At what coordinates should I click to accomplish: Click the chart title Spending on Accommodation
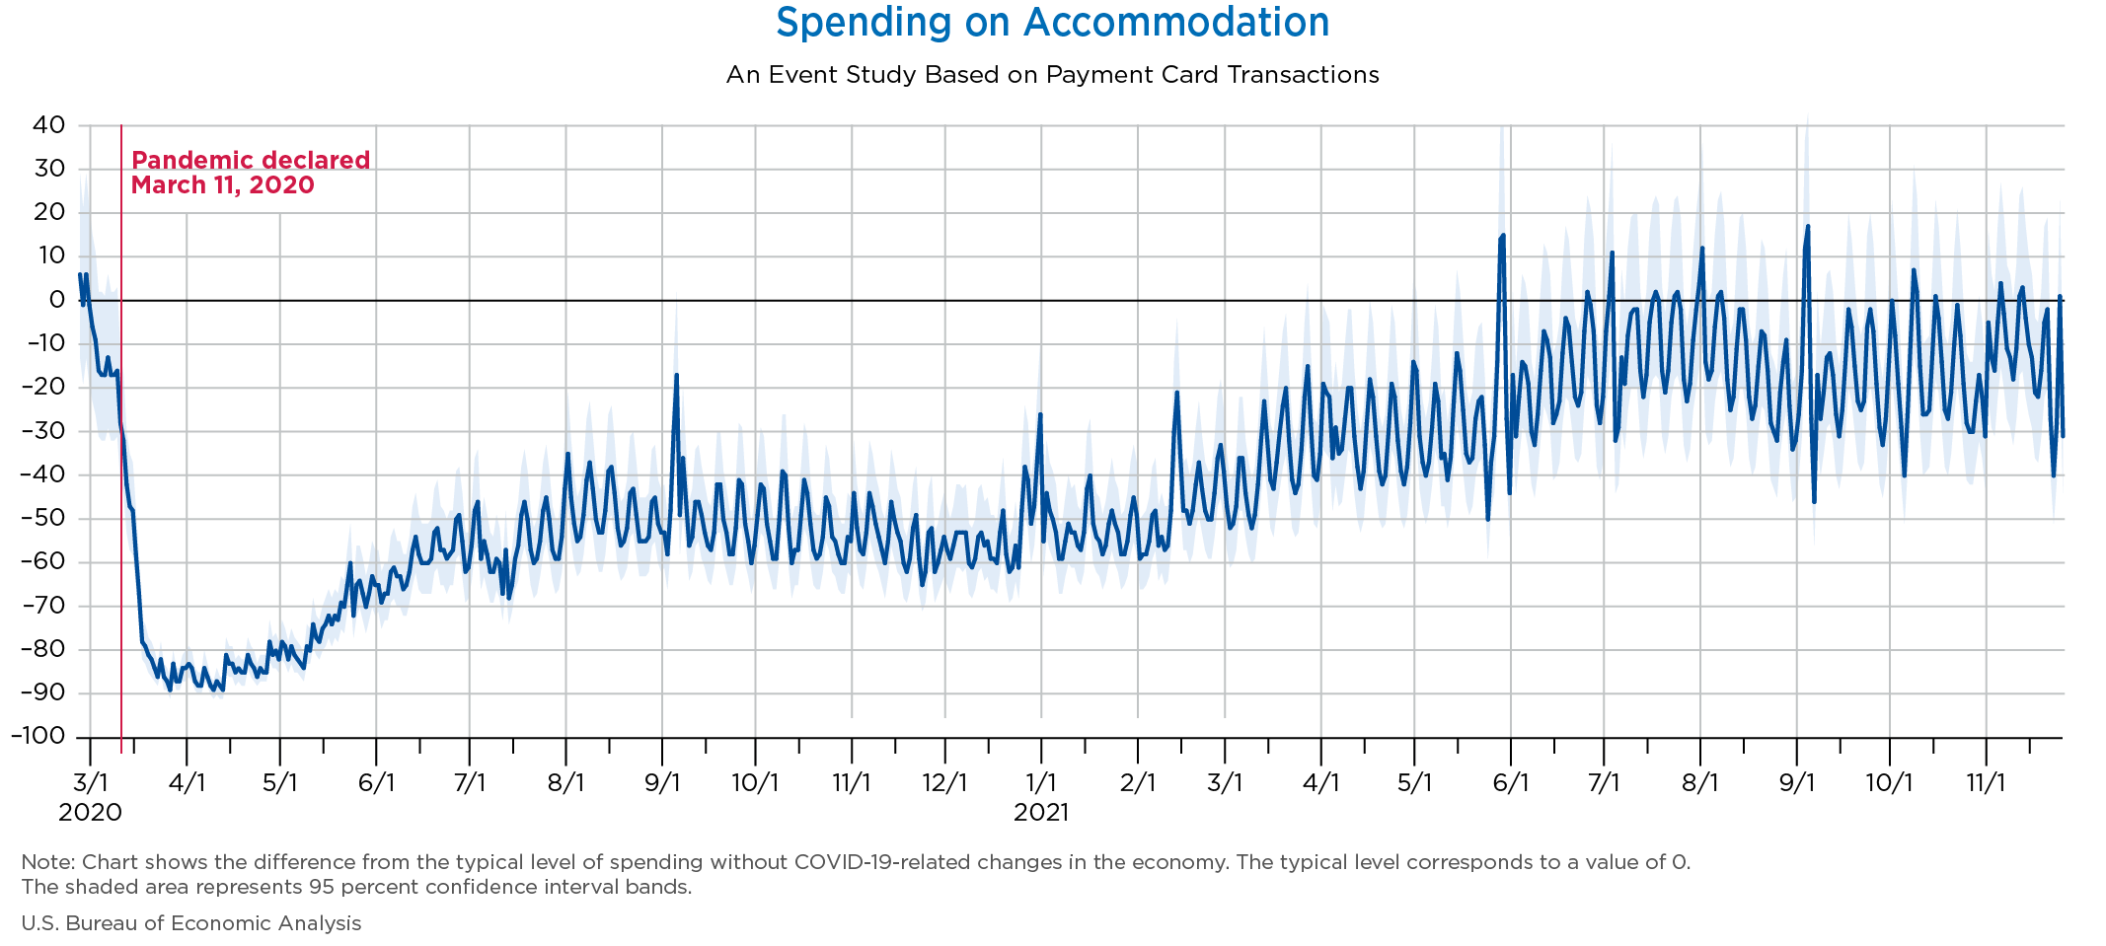[x=1052, y=23]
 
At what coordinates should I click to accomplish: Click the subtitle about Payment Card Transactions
[x=1052, y=75]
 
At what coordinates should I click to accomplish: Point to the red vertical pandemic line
[x=121, y=444]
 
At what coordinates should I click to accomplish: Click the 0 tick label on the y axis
[x=56, y=300]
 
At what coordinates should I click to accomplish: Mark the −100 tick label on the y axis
[x=38, y=736]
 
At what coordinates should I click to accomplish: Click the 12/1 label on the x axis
[x=944, y=783]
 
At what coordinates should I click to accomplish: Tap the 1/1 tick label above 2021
[x=1041, y=783]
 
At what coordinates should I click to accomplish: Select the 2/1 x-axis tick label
[x=1138, y=783]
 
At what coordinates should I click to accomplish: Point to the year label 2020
[x=90, y=813]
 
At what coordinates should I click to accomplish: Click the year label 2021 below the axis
[x=1041, y=813]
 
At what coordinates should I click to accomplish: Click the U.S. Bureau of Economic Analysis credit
[x=191, y=923]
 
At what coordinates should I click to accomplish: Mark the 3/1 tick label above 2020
[x=90, y=783]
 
